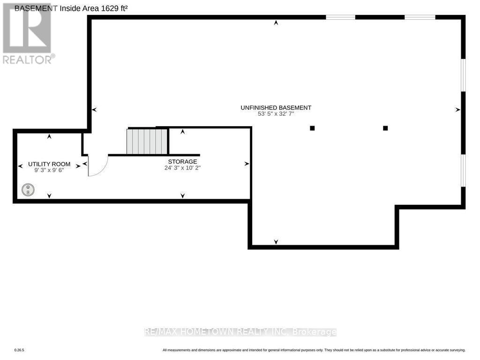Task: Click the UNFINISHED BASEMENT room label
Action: click(x=276, y=107)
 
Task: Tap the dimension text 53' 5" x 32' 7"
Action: click(x=276, y=114)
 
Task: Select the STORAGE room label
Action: click(x=182, y=161)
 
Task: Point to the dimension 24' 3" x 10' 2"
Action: click(x=182, y=168)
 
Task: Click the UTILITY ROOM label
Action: click(x=49, y=164)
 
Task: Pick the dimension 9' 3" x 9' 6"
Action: click(x=49, y=171)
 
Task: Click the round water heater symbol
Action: click(x=28, y=190)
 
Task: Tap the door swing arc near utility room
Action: click(x=99, y=166)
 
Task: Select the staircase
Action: click(x=147, y=142)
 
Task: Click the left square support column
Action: click(x=312, y=128)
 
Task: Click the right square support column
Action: click(x=385, y=128)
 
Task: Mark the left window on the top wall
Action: click(x=340, y=17)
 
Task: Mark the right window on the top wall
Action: click(x=420, y=17)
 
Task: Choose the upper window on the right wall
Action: click(x=463, y=75)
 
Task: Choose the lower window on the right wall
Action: click(x=463, y=171)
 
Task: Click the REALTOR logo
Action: click(x=28, y=33)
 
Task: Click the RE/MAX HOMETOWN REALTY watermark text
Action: click(x=240, y=332)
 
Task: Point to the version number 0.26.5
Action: click(x=19, y=350)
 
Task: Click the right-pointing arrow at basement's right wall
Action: click(x=457, y=110)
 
